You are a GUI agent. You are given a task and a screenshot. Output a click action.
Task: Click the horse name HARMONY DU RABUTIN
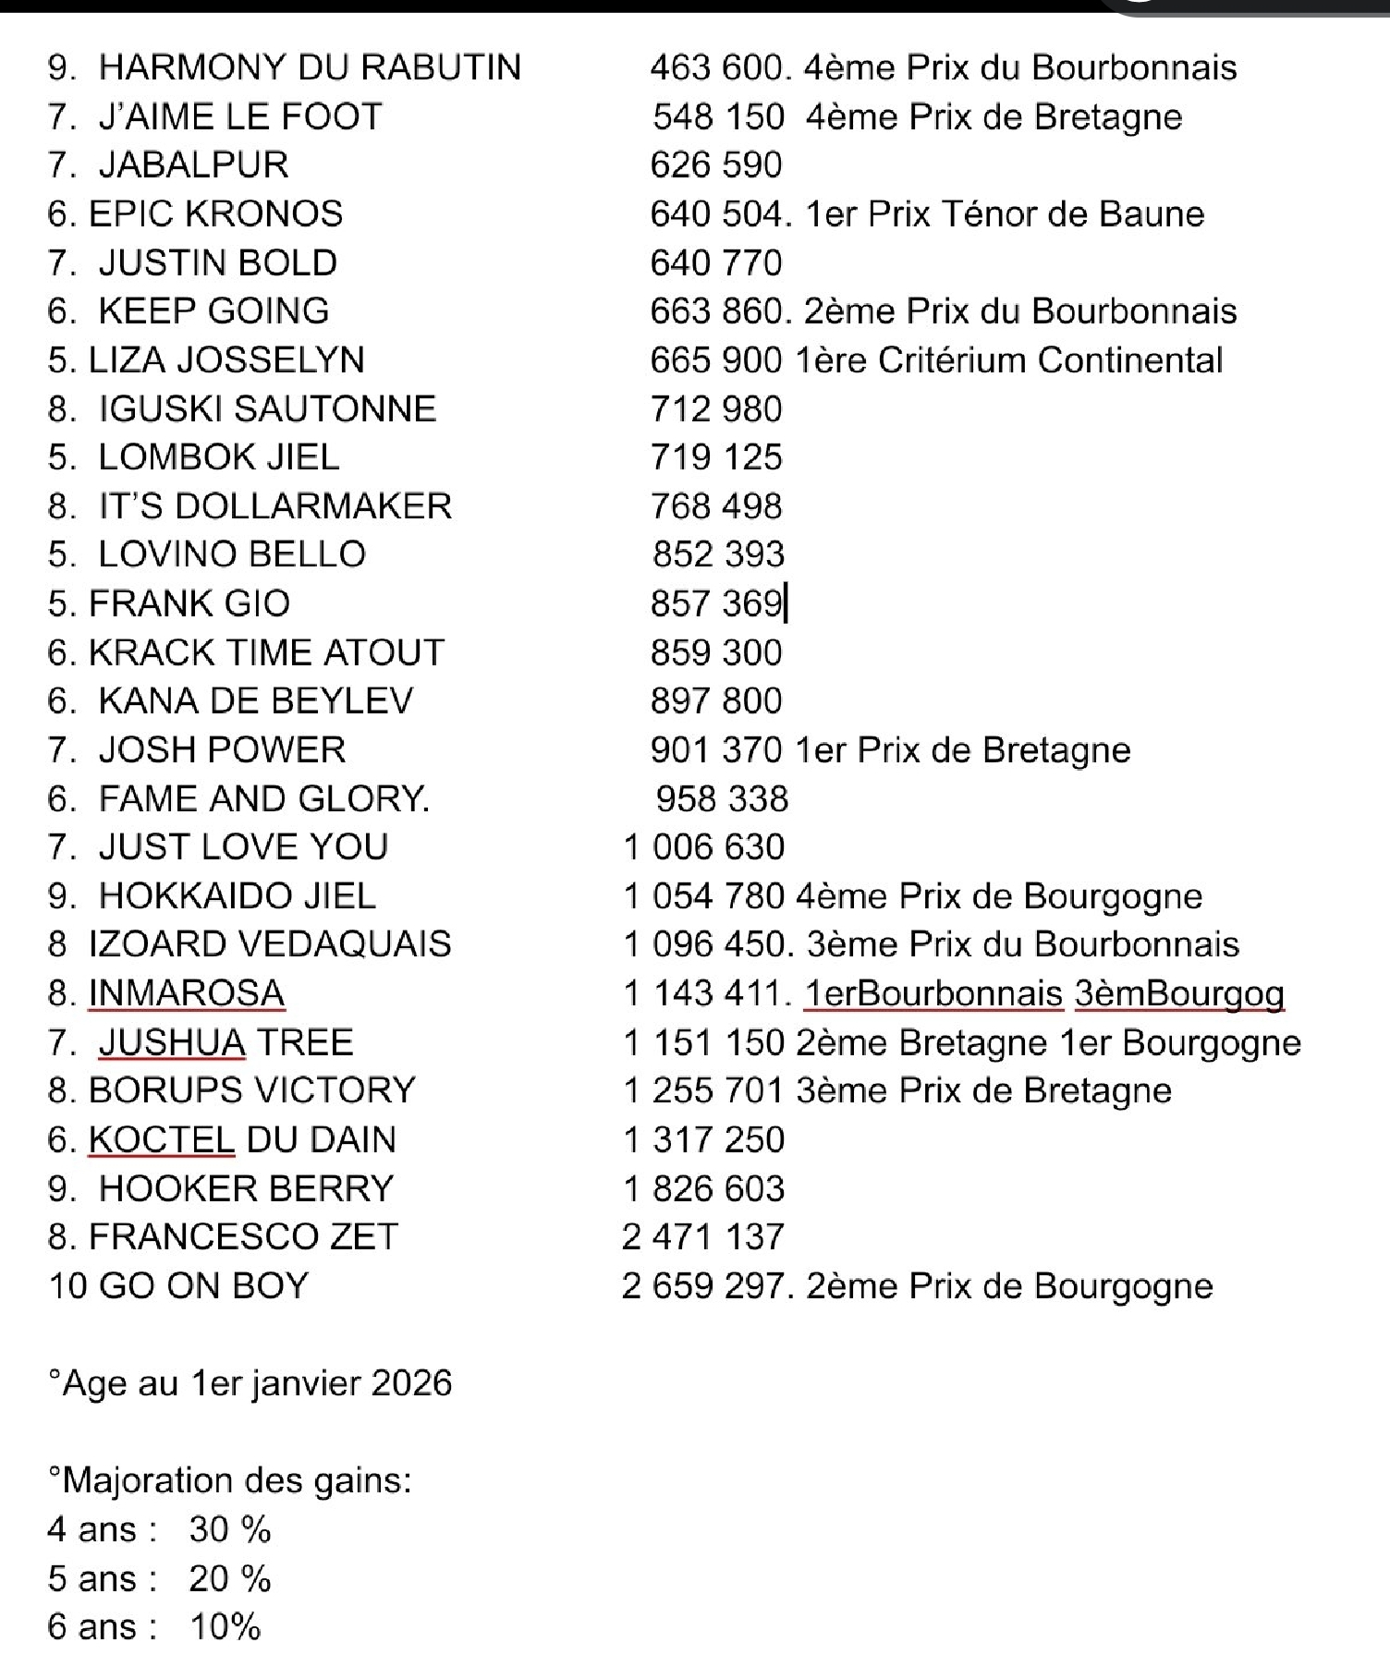click(x=310, y=67)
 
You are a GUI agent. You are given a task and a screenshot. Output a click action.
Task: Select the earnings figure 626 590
click(x=716, y=165)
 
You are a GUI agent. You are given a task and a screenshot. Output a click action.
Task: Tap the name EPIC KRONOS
click(x=215, y=214)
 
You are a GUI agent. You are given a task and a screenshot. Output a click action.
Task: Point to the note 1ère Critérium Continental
click(x=1008, y=360)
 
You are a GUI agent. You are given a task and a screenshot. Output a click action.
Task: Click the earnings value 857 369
click(x=716, y=604)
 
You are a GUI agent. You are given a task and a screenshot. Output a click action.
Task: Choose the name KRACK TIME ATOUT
click(x=266, y=653)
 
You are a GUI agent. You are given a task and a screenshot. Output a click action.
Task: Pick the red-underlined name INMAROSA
click(x=187, y=994)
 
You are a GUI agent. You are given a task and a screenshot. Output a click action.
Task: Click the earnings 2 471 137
click(x=703, y=1237)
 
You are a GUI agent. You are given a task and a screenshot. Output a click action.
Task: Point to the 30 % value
click(x=230, y=1530)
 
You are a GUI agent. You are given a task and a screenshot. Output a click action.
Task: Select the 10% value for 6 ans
click(x=226, y=1627)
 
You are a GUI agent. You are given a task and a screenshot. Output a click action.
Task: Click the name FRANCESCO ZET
click(x=243, y=1237)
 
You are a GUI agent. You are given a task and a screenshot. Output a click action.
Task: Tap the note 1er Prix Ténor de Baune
click(x=1005, y=214)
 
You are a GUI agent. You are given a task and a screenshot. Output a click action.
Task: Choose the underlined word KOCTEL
click(x=162, y=1140)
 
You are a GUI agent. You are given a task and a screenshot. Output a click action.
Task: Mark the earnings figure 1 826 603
click(x=704, y=1189)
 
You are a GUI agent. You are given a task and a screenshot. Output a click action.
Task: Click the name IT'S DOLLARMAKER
click(x=275, y=506)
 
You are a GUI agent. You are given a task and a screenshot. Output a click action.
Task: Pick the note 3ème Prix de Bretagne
click(x=983, y=1091)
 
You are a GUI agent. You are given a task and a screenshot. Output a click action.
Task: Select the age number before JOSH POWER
click(x=60, y=750)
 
